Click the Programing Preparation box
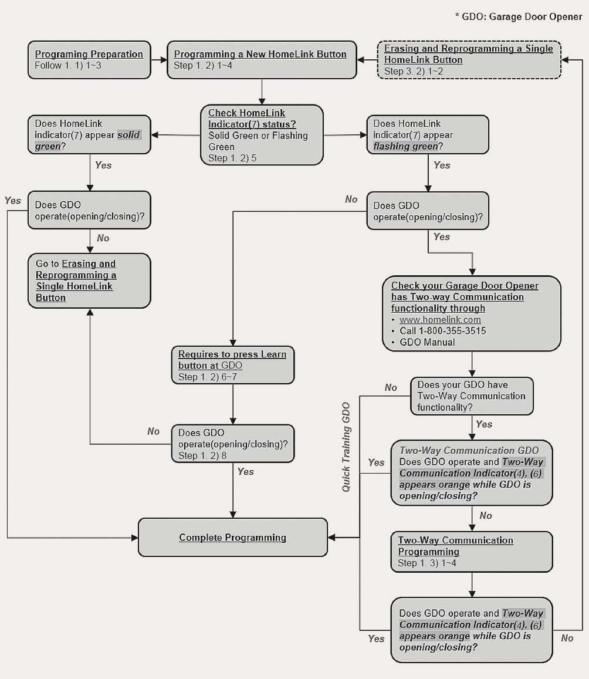(89, 59)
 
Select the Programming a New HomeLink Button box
(260, 59)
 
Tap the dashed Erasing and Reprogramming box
(468, 59)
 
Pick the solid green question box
(89, 134)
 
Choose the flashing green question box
(427, 134)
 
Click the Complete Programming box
(232, 537)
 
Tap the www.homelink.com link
(440, 320)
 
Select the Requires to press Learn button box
(232, 365)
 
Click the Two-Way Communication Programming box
(472, 552)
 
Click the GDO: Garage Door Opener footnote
(519, 17)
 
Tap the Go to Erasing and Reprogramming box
(89, 281)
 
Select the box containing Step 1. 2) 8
(232, 444)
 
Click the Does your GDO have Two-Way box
(472, 396)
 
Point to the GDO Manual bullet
(427, 342)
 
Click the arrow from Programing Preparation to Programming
(158, 59)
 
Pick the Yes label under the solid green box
(103, 165)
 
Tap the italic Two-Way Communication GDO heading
(469, 451)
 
